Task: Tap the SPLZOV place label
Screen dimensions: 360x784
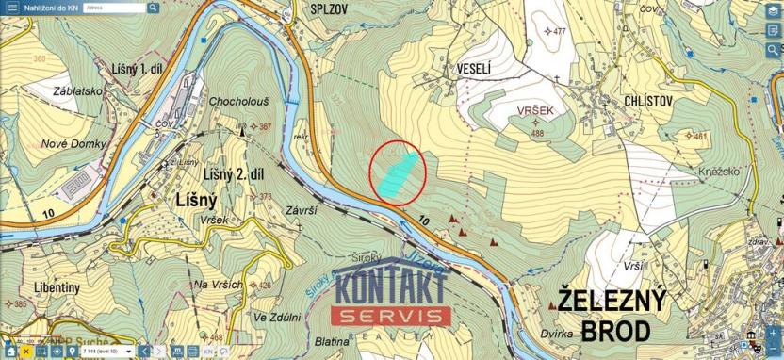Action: (330, 8)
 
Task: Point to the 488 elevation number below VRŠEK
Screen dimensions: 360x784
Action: (538, 134)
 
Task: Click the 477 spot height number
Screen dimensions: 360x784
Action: (560, 31)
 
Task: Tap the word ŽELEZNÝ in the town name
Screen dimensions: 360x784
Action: (612, 301)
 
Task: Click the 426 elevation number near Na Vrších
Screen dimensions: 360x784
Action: (265, 286)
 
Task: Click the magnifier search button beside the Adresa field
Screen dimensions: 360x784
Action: (153, 8)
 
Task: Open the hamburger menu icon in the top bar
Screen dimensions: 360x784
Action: (12, 8)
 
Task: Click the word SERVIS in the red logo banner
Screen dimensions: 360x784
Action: (392, 316)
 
